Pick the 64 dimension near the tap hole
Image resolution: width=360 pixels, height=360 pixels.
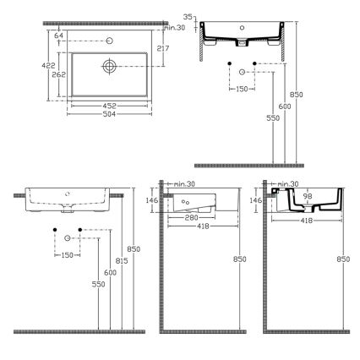click(58, 35)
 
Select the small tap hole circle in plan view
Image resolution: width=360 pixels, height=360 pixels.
click(109, 41)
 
